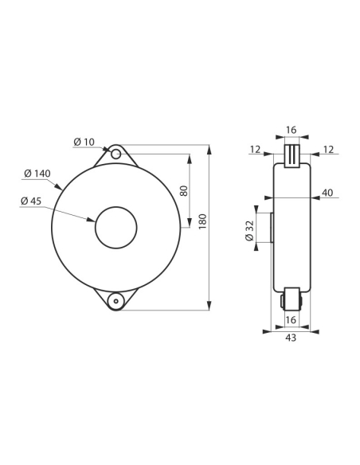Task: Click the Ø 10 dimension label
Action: click(84, 142)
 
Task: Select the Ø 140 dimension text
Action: click(37, 174)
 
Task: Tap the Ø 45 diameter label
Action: click(31, 201)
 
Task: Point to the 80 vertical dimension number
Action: click(184, 190)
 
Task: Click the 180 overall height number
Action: click(202, 221)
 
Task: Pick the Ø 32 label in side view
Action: click(250, 231)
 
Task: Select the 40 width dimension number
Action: click(327, 193)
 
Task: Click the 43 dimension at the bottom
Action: click(291, 338)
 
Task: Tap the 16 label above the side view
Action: click(292, 130)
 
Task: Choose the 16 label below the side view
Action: click(291, 320)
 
